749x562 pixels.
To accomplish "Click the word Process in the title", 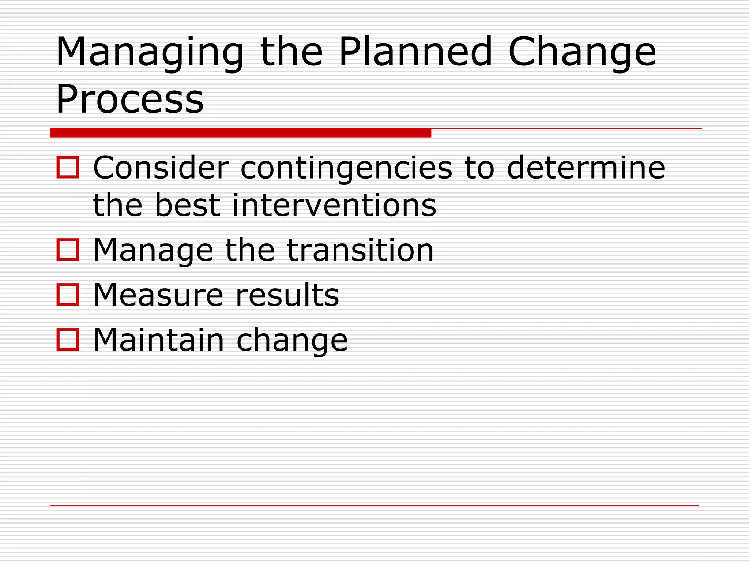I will pyautogui.click(x=130, y=99).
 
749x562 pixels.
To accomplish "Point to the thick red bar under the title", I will pyautogui.click(x=240, y=132).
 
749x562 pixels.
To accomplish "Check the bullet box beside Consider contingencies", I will pyautogui.click(x=68, y=167).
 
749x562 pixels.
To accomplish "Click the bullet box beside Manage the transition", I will pyautogui.click(x=68, y=250).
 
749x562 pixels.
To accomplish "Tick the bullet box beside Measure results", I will pyautogui.click(x=68, y=295).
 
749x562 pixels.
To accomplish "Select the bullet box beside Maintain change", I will pyautogui.click(x=68, y=340).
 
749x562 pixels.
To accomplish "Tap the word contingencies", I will pyautogui.click(x=346, y=168).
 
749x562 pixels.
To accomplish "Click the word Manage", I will pyautogui.click(x=153, y=251).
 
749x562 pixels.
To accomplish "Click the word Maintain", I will pyautogui.click(x=158, y=340).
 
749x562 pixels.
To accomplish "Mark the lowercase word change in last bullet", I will pyautogui.click(x=292, y=341).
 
